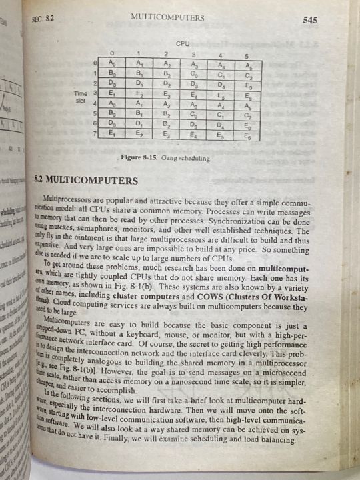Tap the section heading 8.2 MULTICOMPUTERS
tap(85, 180)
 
